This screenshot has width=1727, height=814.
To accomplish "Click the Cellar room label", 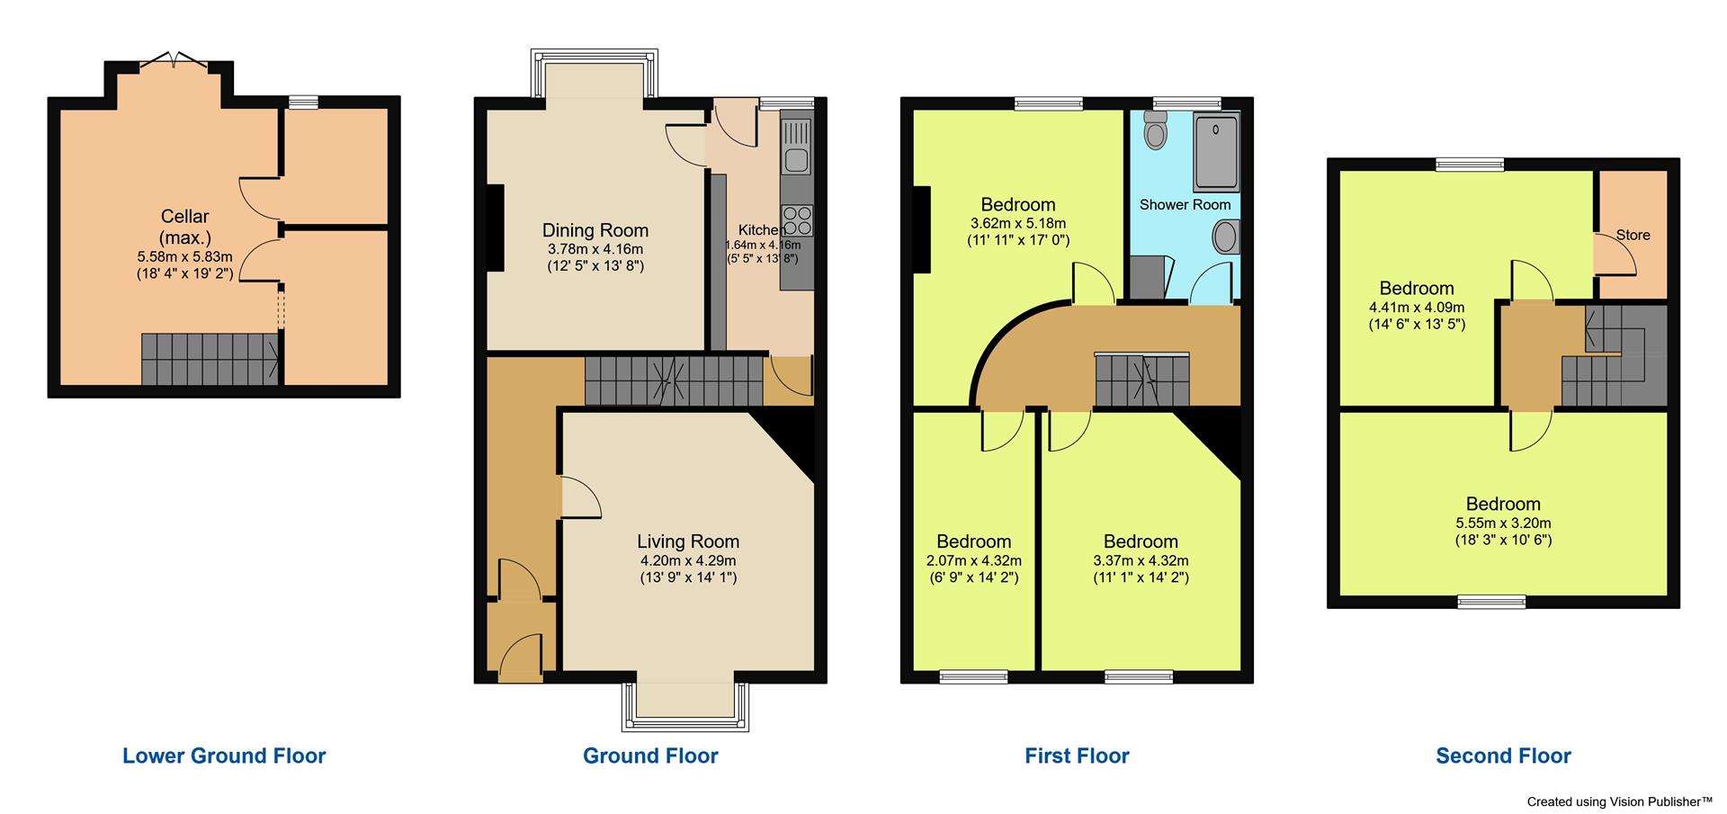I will pos(184,217).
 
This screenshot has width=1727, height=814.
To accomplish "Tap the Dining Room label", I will pos(595,230).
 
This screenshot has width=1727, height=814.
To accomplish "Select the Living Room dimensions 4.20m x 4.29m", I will pos(688,560).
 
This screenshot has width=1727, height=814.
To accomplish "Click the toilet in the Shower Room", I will pos(1155,133).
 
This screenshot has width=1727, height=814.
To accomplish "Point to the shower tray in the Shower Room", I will pos(1215,151).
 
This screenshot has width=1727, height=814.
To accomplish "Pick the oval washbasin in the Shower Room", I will pos(1224,238).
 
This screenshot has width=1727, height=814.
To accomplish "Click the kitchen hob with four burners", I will pos(797,221).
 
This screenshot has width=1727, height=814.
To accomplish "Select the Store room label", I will pos(1633,235).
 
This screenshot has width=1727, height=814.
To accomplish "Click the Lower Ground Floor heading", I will pos(224,756).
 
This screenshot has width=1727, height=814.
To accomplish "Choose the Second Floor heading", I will pos(1503,756).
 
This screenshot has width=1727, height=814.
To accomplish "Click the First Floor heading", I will pos(1077,756).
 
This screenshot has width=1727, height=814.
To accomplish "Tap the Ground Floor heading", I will pos(650,756).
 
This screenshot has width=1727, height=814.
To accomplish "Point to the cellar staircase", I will pos(210,359).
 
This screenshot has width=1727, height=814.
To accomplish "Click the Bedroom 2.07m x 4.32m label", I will pos(973,541).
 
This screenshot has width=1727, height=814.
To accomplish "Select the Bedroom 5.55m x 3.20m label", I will pos(1503,504).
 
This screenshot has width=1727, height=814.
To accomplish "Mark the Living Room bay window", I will pos(685,705).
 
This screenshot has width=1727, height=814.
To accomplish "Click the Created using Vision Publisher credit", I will pos(1619,801).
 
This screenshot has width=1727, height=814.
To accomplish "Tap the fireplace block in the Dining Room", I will pos(494,227).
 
